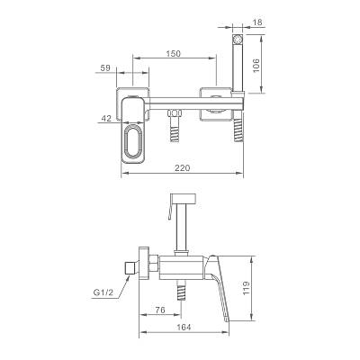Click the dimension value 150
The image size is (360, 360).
174,53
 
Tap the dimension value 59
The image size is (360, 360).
105,68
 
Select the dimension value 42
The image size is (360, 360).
106,119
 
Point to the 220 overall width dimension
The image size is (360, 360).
183,168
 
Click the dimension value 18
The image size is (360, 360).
257,22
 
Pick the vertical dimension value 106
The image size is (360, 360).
256,65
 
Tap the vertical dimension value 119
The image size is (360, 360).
247,288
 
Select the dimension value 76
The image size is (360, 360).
160,310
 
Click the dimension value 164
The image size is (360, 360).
184,327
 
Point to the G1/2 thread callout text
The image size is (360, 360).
103,292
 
